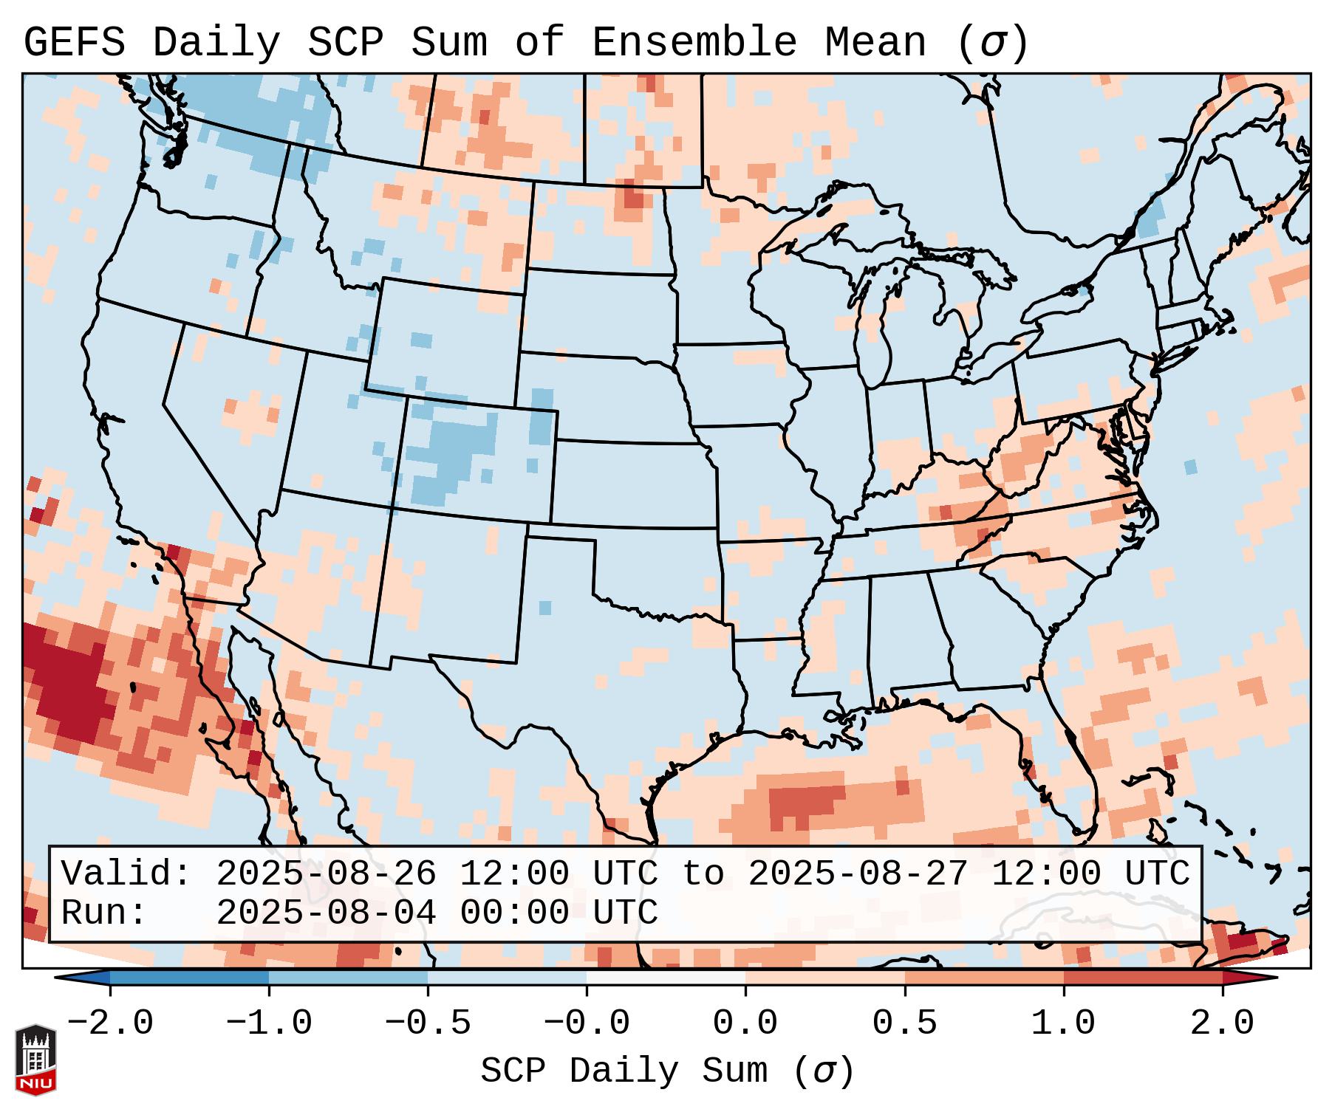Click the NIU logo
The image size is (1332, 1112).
(35, 1059)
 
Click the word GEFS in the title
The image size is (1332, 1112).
(74, 43)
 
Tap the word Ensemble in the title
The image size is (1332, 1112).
(694, 43)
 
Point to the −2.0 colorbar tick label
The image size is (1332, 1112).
(110, 1023)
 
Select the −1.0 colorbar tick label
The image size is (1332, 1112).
(269, 1023)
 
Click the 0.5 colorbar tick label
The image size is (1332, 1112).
(904, 1023)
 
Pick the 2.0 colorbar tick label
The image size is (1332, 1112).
(1222, 1023)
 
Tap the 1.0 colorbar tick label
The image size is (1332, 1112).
(1063, 1023)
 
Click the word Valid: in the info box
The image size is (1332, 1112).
(126, 874)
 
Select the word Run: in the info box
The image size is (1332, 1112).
(103, 913)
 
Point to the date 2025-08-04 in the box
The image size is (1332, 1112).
(326, 913)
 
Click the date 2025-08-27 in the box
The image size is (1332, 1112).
(858, 874)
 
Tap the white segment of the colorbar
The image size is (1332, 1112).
(666, 977)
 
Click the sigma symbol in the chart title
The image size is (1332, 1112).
(992, 43)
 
